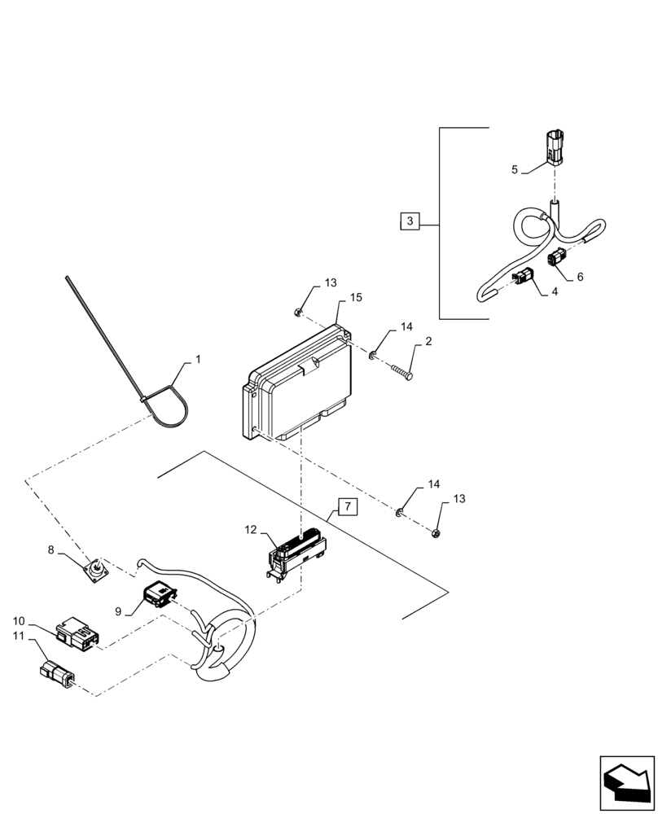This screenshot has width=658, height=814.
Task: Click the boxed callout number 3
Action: point(410,221)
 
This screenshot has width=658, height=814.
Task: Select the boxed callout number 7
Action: point(347,507)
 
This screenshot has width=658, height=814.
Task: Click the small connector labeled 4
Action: point(523,278)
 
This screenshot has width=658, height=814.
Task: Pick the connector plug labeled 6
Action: point(559,259)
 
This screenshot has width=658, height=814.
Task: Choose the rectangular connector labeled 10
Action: point(75,636)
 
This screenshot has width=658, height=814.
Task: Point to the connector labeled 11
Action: point(56,673)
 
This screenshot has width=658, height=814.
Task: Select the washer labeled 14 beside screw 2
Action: point(371,354)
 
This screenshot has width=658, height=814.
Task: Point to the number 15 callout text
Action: point(356,299)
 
